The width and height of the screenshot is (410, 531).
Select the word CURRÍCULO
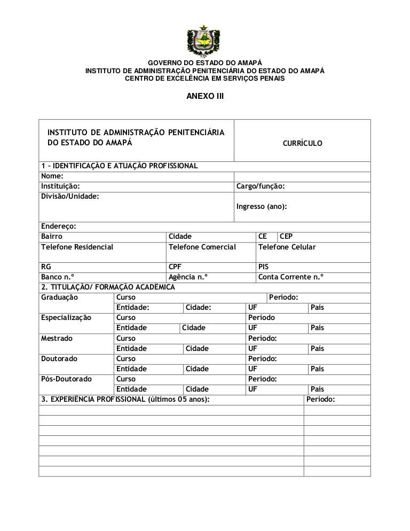pos(302,144)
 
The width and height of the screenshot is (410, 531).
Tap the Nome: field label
pos(52,176)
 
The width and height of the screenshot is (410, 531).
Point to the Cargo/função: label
pos(260,186)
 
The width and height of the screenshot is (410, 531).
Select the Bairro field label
pos(52,236)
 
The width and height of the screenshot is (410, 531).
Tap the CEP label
pos(286,236)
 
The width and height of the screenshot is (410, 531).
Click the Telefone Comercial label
pos(202,247)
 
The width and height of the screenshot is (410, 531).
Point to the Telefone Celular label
pos(287,247)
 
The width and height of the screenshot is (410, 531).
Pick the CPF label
pos(175,267)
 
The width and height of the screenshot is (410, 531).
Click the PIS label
pos(264,267)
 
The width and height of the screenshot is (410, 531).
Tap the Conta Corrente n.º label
pos(291,277)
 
